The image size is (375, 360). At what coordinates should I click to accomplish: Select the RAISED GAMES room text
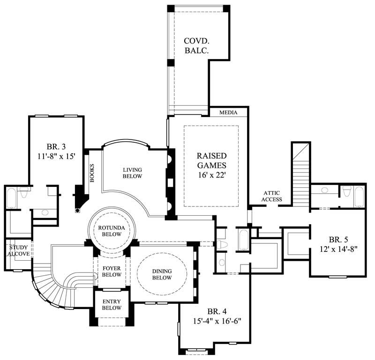coord(211,160)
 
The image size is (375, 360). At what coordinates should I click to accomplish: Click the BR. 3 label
coord(56,146)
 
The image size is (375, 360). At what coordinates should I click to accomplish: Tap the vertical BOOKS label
coord(92,173)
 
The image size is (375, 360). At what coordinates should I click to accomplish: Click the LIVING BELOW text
coord(133,173)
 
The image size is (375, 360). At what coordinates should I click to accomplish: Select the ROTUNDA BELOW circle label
coord(111,231)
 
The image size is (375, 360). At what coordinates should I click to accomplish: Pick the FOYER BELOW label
coord(111,272)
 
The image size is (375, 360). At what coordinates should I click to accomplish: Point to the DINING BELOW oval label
coord(161,274)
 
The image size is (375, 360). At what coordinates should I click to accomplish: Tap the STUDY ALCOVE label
coord(18,250)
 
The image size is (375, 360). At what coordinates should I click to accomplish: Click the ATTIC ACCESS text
coord(272,196)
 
